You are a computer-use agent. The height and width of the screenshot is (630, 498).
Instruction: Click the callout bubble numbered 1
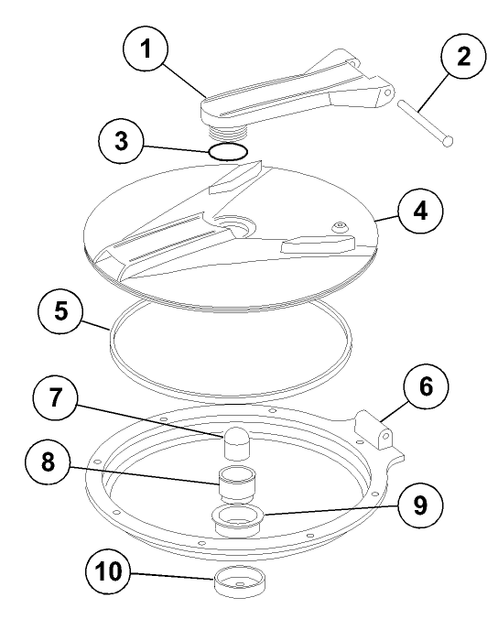pyautogui.click(x=145, y=49)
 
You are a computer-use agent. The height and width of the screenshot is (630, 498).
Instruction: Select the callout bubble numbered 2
pyautogui.click(x=463, y=56)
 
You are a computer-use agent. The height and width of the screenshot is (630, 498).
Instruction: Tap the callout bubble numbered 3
pyautogui.click(x=121, y=141)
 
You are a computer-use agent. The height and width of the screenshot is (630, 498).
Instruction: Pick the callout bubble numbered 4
pyautogui.click(x=420, y=212)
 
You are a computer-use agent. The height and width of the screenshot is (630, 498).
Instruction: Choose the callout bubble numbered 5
pyautogui.click(x=60, y=311)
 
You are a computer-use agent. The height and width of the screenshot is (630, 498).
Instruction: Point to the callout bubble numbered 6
pyautogui.click(x=426, y=386)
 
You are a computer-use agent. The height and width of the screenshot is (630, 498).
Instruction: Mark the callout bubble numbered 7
pyautogui.click(x=55, y=397)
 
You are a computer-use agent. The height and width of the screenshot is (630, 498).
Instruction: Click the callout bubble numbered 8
pyautogui.click(x=48, y=462)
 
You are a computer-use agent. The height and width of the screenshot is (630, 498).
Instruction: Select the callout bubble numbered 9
pyautogui.click(x=420, y=505)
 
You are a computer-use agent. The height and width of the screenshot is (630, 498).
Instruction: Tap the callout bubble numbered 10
pyautogui.click(x=108, y=571)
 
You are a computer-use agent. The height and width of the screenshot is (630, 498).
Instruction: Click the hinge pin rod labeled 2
pyautogui.click(x=426, y=124)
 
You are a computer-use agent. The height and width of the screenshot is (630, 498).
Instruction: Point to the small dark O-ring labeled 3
pyautogui.click(x=229, y=151)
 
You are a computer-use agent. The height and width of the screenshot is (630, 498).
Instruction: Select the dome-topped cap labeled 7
pyautogui.click(x=237, y=443)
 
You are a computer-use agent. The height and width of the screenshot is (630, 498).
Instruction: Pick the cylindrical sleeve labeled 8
pyautogui.click(x=237, y=483)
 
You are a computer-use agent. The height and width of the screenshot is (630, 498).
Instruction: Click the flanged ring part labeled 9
pyautogui.click(x=237, y=521)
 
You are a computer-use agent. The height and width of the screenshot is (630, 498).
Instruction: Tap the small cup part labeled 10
pyautogui.click(x=240, y=583)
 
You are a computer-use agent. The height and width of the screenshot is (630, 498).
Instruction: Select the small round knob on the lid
pyautogui.click(x=341, y=227)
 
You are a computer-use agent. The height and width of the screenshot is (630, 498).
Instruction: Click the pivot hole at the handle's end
pyautogui.click(x=387, y=92)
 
